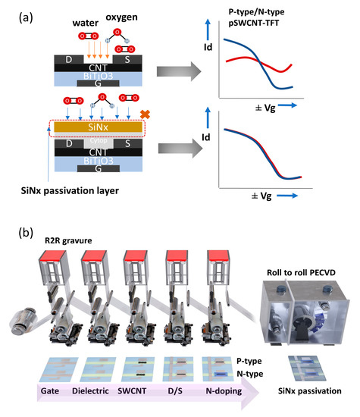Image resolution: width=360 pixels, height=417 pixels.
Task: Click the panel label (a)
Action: tap(17, 13)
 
